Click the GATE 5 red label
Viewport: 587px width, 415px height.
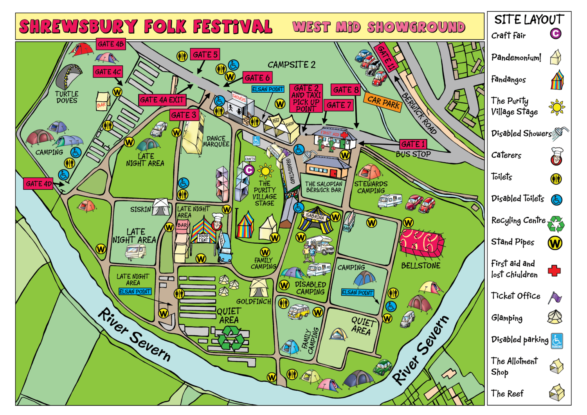click(205, 55)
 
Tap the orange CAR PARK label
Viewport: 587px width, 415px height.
click(384, 102)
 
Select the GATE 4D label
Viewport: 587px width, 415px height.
click(38, 184)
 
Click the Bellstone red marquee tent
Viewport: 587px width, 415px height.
click(421, 243)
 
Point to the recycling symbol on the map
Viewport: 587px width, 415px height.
click(231, 338)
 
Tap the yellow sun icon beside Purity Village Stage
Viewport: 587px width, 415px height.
click(266, 171)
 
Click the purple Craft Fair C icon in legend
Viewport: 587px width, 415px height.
click(555, 34)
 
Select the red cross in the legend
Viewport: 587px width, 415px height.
click(554, 270)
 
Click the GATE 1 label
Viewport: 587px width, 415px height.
click(412, 144)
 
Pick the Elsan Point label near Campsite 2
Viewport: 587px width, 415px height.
click(268, 89)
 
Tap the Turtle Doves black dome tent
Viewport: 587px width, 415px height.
click(69, 76)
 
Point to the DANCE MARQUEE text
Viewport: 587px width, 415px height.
click(216, 141)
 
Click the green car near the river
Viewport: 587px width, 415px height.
click(382, 367)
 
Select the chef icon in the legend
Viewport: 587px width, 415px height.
click(556, 156)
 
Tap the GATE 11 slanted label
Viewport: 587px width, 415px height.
click(386, 57)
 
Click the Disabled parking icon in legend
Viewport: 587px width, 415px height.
click(556, 341)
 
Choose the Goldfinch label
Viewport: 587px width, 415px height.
click(253, 302)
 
